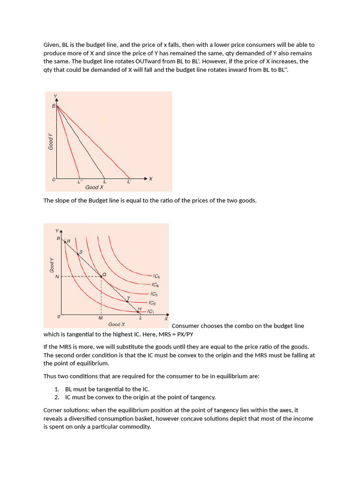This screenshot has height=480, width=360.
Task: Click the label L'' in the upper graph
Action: point(80,181)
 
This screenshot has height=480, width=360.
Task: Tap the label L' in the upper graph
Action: point(129,181)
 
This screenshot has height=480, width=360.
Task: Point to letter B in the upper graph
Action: point(53,106)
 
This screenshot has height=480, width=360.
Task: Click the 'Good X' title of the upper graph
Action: point(94,187)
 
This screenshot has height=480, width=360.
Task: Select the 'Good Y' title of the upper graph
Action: point(51,142)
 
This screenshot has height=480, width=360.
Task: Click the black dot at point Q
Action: point(102,277)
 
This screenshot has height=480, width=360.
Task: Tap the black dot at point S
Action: point(78,254)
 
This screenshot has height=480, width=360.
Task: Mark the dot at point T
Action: point(127,301)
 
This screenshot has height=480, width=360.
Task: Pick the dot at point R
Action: point(65,241)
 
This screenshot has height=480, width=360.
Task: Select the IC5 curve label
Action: point(156,277)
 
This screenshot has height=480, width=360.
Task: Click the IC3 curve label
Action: point(154,294)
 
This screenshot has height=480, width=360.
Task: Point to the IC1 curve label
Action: point(150,311)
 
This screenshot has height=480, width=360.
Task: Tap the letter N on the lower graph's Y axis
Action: point(57,277)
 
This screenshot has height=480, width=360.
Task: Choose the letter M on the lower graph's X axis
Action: point(100,318)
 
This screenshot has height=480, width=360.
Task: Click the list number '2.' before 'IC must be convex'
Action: point(57,397)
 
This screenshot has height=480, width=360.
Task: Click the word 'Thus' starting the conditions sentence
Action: point(50,376)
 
